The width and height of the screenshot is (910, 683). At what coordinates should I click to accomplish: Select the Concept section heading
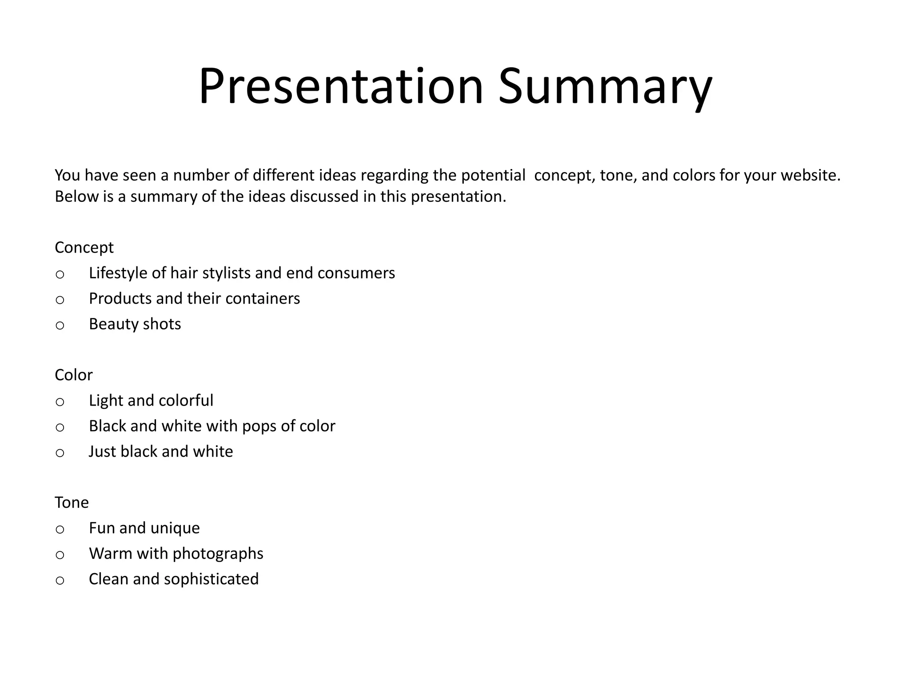[x=84, y=247]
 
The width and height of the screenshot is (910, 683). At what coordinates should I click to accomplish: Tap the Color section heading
[x=73, y=375]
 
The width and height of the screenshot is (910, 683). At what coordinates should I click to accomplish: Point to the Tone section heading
[x=72, y=502]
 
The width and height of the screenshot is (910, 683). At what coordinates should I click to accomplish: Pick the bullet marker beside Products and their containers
[x=60, y=300]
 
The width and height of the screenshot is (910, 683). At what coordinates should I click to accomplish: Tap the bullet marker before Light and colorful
[x=60, y=402]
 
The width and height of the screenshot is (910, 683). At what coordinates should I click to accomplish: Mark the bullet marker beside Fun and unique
[x=60, y=529]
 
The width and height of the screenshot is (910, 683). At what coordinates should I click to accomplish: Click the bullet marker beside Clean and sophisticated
[x=60, y=580]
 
